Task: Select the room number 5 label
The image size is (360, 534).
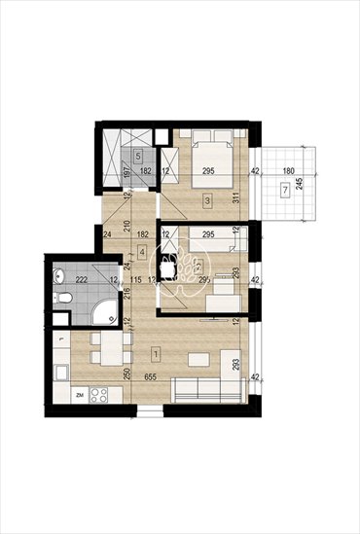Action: click(139, 156)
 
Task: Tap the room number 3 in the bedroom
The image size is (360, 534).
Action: click(207, 200)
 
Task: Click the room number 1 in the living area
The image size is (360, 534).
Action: click(158, 351)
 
